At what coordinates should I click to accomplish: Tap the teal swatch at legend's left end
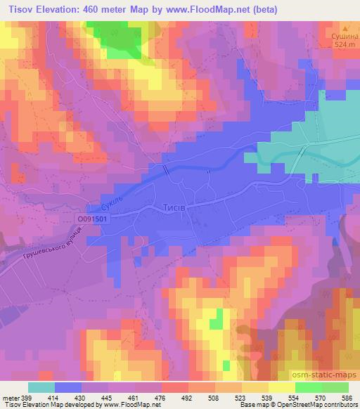click(41, 388)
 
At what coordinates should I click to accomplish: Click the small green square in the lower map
click(216, 320)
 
